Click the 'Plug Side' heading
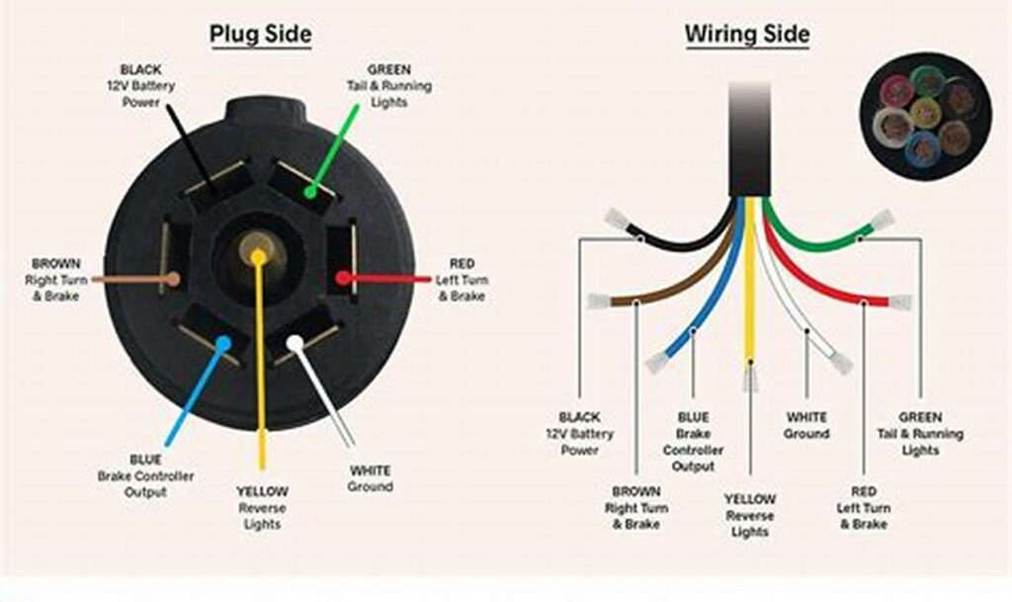pyautogui.click(x=260, y=35)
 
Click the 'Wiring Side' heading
pyautogui.click(x=747, y=35)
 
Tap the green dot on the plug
pyautogui.click(x=310, y=192)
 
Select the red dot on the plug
pyautogui.click(x=342, y=278)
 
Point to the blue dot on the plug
pyautogui.click(x=223, y=344)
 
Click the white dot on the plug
pyautogui.click(x=295, y=343)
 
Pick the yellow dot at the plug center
pyautogui.click(x=258, y=257)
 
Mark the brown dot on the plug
pyautogui.click(x=174, y=279)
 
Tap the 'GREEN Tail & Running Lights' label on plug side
pyautogui.click(x=389, y=86)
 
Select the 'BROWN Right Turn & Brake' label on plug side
pyautogui.click(x=55, y=280)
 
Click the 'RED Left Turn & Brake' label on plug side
pyautogui.click(x=462, y=280)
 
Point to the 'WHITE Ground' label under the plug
pyautogui.click(x=370, y=478)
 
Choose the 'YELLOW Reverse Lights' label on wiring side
pyautogui.click(x=750, y=515)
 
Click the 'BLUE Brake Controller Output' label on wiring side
pyautogui.click(x=693, y=442)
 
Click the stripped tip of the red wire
pyautogui.click(x=899, y=302)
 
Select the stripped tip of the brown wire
pyautogui.click(x=598, y=301)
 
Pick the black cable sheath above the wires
pyautogui.click(x=749, y=138)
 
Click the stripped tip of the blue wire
pyautogui.click(x=656, y=363)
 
